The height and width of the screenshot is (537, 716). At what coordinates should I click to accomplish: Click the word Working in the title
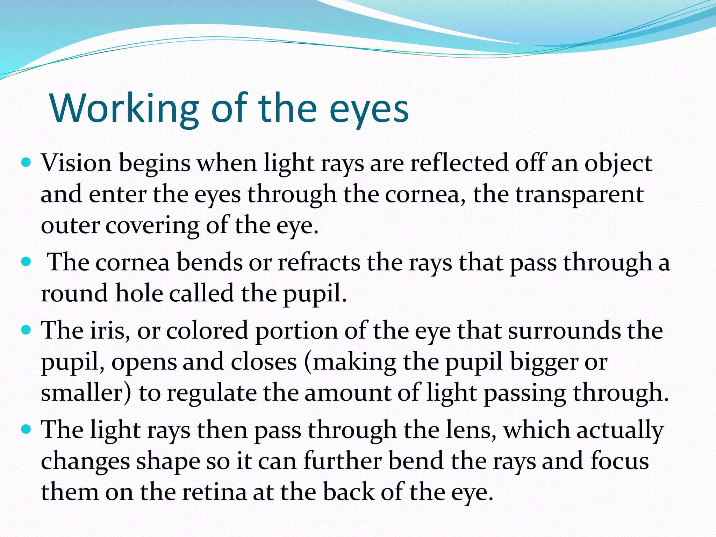(124, 108)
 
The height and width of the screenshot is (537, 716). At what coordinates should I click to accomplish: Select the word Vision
(76, 163)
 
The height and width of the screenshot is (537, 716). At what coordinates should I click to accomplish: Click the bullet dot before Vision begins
(26, 163)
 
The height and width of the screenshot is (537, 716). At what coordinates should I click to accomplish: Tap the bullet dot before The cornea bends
(26, 262)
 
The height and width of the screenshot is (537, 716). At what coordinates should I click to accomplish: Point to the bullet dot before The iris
(26, 329)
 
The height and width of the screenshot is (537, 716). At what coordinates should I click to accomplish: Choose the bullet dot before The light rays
(26, 429)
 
